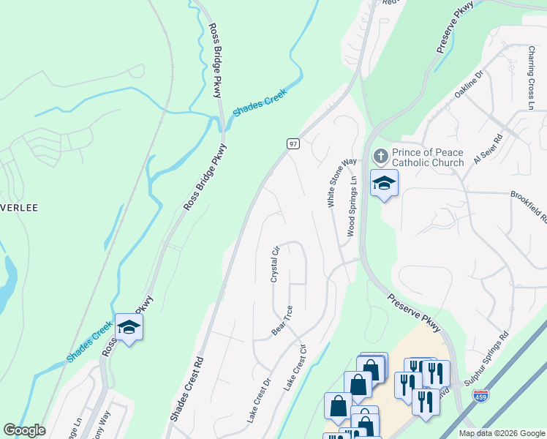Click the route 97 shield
pos(293,143)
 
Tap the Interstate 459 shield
pos(480,396)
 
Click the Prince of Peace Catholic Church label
pos(427,157)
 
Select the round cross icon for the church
pos(380,157)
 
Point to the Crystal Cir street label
pos(276,264)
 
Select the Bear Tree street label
pos(282,320)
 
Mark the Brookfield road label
pos(528,207)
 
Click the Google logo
pos(24,430)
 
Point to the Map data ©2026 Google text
pos(502,433)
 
